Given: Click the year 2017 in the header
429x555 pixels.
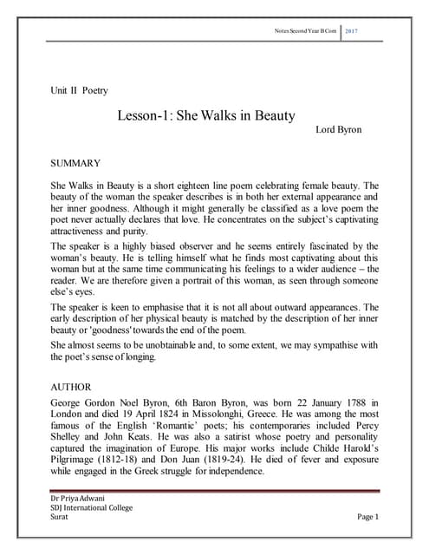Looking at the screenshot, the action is [x=352, y=32].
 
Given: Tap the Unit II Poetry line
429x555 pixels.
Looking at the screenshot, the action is [x=80, y=90].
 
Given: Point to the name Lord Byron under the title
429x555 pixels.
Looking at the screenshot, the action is [x=337, y=130].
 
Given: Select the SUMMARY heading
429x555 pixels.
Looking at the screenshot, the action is [x=76, y=163].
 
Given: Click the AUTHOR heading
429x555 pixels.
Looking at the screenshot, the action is [x=72, y=389].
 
